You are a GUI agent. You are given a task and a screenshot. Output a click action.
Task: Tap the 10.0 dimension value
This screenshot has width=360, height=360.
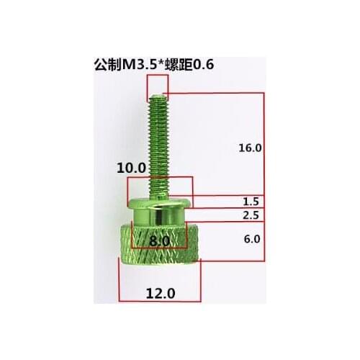coord(132,167)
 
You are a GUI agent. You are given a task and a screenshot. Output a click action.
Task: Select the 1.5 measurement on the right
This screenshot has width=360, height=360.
coord(251,202)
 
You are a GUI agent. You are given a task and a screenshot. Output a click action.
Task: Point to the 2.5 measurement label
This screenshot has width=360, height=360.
coord(251,215)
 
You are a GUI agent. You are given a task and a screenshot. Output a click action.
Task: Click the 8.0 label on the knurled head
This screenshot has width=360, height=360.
coord(160,240)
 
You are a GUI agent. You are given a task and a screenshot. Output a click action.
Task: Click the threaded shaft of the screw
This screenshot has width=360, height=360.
coord(158,144)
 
